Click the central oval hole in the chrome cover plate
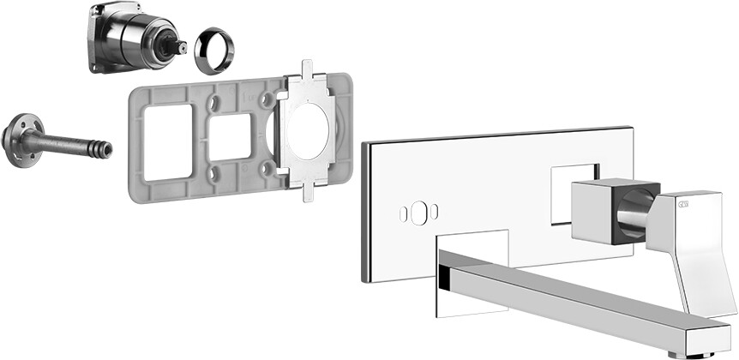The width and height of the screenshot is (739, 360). click(x=418, y=212)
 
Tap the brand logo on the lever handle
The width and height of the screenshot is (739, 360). click(x=683, y=203)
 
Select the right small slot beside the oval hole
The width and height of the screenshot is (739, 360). click(x=435, y=211)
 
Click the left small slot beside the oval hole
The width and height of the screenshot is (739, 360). click(x=402, y=212)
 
